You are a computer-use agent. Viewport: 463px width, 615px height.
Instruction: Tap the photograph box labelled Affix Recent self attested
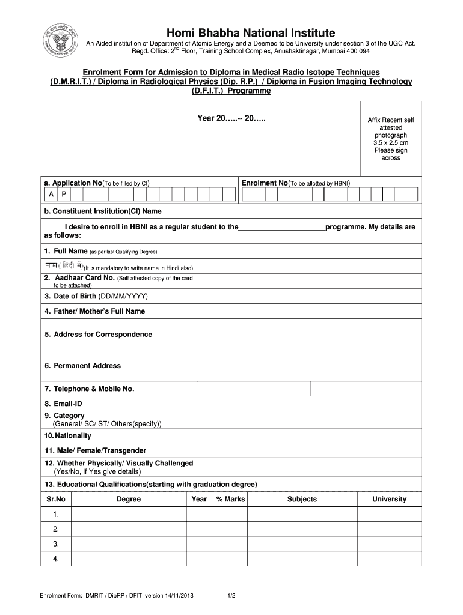391,142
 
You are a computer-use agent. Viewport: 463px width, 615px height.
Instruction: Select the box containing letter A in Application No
51,195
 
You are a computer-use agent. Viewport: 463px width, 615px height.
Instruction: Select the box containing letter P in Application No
64,195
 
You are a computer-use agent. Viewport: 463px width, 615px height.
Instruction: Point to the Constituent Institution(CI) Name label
102,211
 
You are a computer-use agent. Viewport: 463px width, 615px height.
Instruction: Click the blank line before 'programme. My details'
281,228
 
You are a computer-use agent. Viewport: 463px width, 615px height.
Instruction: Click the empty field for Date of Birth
309,297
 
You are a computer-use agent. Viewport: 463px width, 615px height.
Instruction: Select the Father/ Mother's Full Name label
94,311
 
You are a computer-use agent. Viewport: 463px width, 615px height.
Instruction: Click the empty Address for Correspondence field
309,335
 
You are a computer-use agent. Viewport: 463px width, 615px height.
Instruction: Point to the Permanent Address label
82,366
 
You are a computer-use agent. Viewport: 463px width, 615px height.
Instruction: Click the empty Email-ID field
309,404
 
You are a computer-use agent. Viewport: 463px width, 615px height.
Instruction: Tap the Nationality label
67,435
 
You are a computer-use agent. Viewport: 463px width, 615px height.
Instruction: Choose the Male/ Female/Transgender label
95,450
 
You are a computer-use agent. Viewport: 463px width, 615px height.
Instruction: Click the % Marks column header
230,499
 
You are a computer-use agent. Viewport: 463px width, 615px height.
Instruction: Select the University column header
389,499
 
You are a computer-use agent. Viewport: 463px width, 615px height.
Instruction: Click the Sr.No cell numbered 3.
55,544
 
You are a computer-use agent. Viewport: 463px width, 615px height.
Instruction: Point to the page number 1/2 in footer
231,596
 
